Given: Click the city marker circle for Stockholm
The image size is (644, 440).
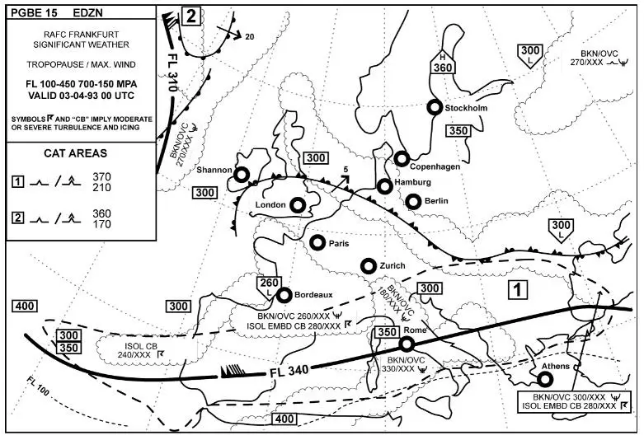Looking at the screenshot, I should point(435,107).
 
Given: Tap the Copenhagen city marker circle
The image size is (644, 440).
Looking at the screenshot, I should point(402,158).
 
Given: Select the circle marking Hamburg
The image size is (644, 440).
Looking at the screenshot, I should point(384,186).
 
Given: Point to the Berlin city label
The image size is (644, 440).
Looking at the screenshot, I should point(437,201).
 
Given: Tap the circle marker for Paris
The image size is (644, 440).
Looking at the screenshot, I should point(317,242).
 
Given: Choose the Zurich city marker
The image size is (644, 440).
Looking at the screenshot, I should point(369,265).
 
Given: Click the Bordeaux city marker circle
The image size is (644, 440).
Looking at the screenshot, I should point(284,295).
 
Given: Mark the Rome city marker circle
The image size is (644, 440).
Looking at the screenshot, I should point(407,344).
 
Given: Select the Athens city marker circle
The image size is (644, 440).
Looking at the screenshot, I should point(544,379).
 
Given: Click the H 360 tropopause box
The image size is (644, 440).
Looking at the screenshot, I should point(444,63).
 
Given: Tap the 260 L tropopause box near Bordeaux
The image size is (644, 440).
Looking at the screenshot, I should point(269,286).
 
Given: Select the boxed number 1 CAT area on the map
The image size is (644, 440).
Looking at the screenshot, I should point(516,289).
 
